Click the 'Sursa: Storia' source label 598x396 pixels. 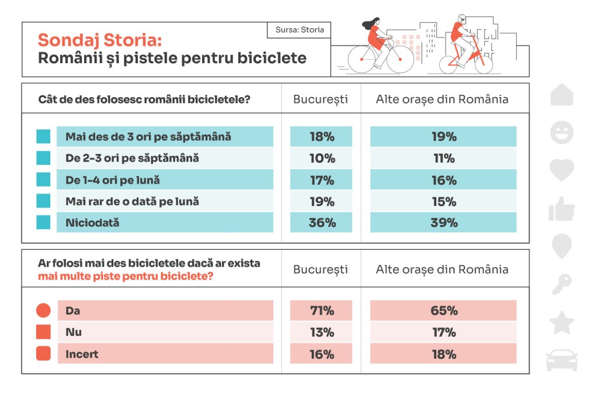coord(300,30)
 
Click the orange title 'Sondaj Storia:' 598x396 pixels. coord(100,40)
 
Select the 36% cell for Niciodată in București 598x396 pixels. coord(322,223)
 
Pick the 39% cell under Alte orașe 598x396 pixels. coord(444,223)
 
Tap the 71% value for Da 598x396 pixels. coord(322,311)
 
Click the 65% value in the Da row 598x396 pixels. coord(444,311)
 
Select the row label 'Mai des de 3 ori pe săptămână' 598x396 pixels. coord(148,137)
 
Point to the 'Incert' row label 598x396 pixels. coord(82,354)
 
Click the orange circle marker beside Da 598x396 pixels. coord(43,311)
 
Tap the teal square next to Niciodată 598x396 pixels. coord(43,223)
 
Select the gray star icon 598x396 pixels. coord(562,323)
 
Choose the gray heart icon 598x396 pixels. coord(562,170)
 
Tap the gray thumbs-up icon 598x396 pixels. coord(562,208)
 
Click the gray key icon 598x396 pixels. coord(562,285)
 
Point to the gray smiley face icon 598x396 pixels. coord(562,132)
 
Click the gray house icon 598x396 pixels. coord(562,95)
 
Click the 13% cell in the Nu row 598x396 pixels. coord(322,332)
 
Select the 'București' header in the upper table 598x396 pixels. coord(321,99)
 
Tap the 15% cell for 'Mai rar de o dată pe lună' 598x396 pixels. coord(444,202)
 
